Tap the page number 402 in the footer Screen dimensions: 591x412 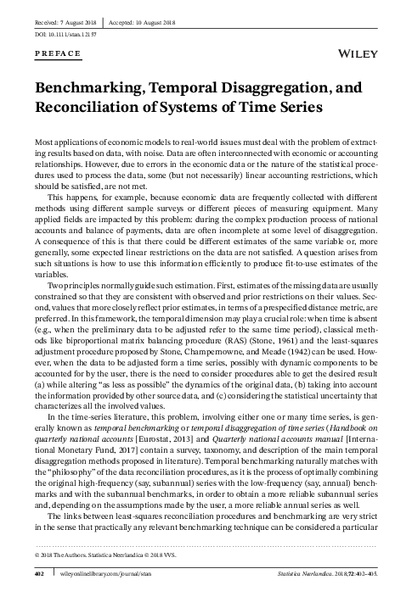click(39, 573)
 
